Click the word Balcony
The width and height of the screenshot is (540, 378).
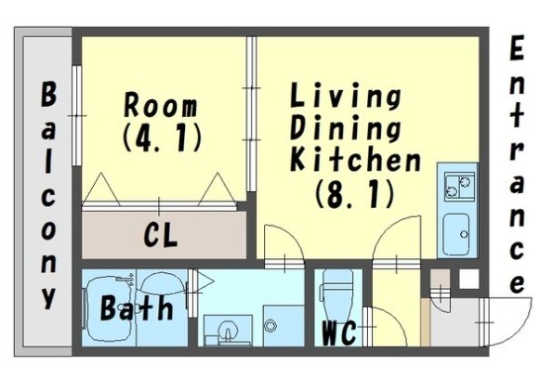coord(48,196)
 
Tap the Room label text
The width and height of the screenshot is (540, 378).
coord(161,105)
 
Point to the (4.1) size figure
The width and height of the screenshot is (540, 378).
coord(162,138)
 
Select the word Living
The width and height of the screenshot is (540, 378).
coord(346,96)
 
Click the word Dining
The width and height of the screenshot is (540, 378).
coord(346,127)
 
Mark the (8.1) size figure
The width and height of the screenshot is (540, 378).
coord(354,194)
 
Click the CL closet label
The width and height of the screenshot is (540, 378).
coord(161,235)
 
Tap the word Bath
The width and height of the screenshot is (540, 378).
coord(137,307)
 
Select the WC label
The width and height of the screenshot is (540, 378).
coord(338,332)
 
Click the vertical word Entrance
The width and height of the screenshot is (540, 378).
coord(516,164)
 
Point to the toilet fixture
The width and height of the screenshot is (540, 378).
coord(337,290)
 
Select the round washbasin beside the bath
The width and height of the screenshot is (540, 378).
coord(228,331)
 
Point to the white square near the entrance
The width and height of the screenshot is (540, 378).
coord(469,279)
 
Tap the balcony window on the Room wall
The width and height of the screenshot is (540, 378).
coord(77,116)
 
